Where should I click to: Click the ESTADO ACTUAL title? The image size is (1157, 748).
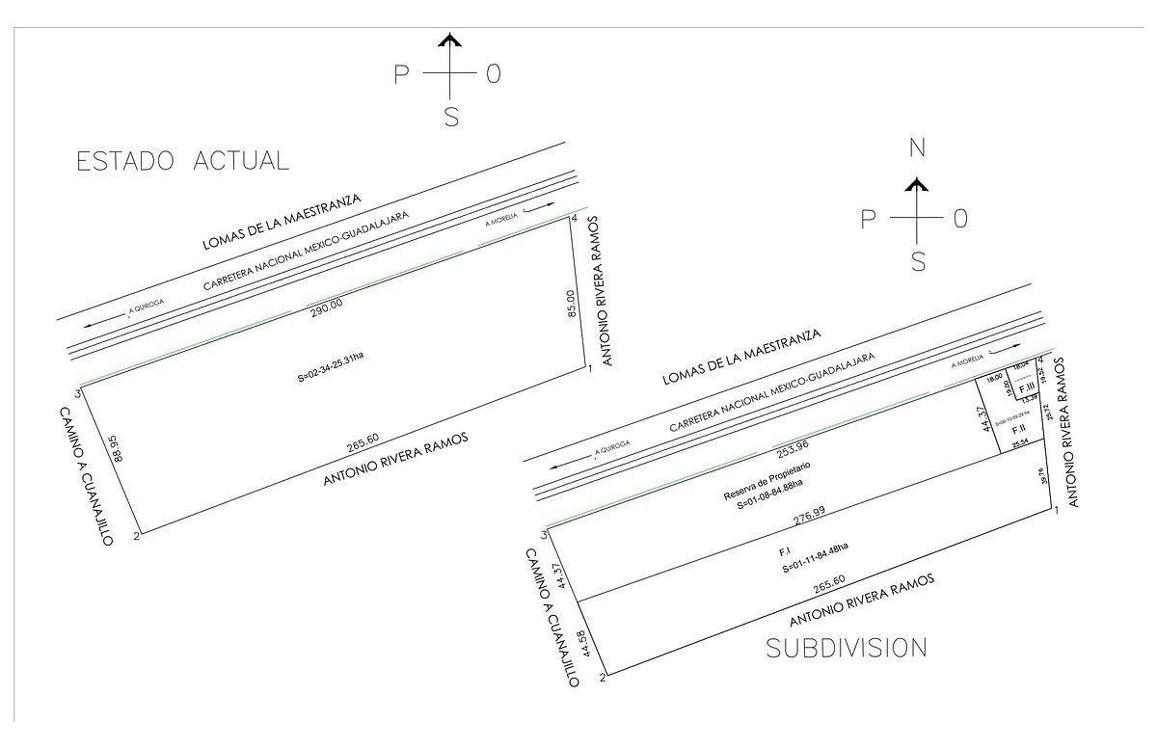tap(182, 161)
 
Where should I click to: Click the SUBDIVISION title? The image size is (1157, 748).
tap(847, 648)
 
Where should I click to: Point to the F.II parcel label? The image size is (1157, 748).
tap(1018, 429)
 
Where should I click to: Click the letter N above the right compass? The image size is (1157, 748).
tap(917, 147)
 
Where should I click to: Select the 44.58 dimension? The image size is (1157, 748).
tap(577, 640)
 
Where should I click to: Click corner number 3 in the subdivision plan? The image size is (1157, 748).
tap(546, 535)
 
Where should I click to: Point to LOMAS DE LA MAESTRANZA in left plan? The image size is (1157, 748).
tap(282, 221)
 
